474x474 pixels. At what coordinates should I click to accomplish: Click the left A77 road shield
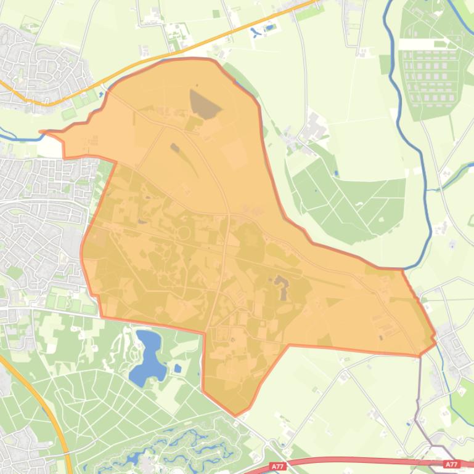279,467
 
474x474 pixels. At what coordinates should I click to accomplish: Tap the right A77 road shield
451,465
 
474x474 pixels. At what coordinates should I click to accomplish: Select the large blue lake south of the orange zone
148,357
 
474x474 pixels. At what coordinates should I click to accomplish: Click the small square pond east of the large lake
178,369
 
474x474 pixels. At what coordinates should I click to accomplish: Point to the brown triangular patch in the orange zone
204,103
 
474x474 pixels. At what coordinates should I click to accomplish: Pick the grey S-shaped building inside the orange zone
282,286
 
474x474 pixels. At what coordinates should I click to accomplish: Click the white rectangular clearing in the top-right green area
422,44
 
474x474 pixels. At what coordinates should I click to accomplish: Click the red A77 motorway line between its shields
364,460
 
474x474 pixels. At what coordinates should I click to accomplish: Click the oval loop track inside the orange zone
184,233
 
